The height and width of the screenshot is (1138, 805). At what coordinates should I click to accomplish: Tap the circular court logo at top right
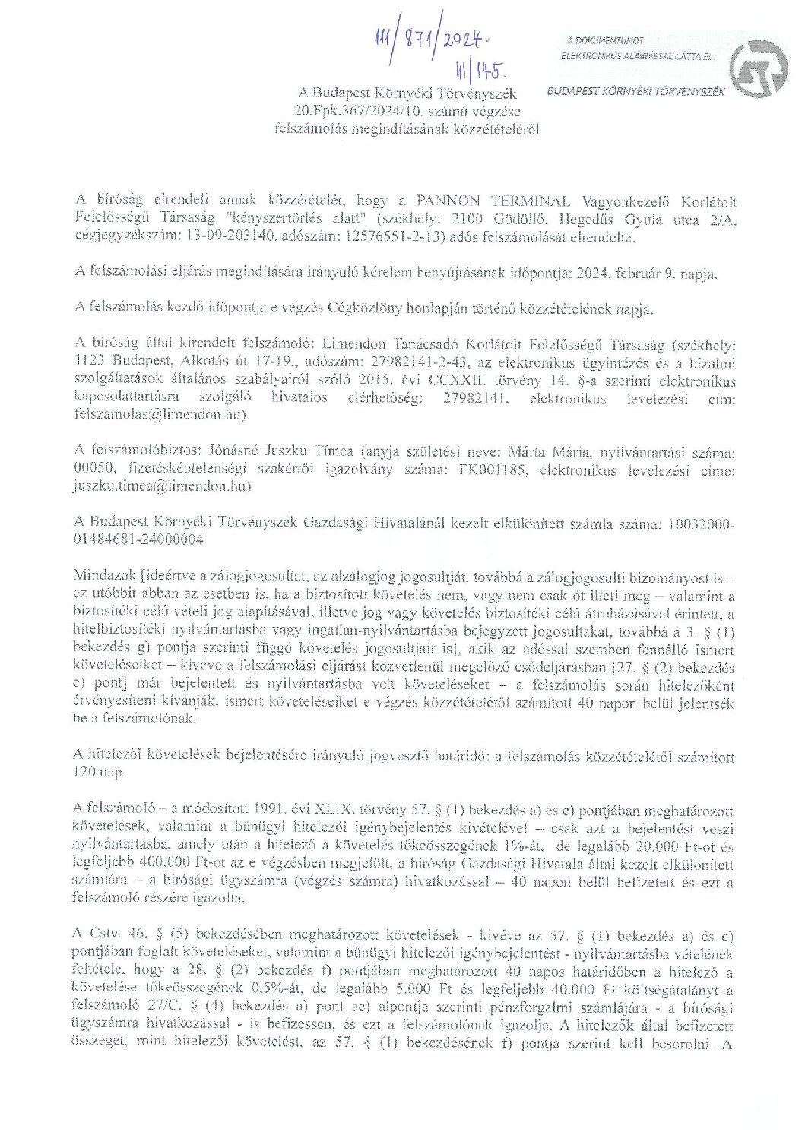click(x=758, y=67)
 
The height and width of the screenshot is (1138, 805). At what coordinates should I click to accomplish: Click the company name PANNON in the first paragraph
click(x=448, y=201)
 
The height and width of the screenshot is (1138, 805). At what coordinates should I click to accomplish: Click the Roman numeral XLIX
click(x=336, y=811)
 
